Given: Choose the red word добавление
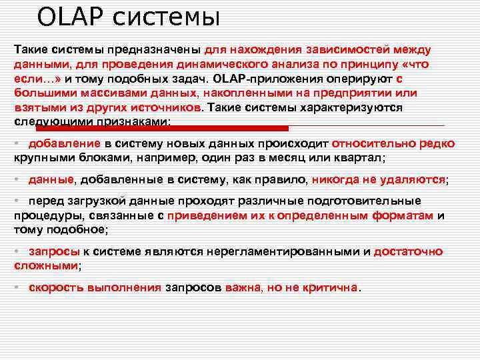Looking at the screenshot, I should coord(65,144).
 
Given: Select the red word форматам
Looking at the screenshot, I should coord(407,216).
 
